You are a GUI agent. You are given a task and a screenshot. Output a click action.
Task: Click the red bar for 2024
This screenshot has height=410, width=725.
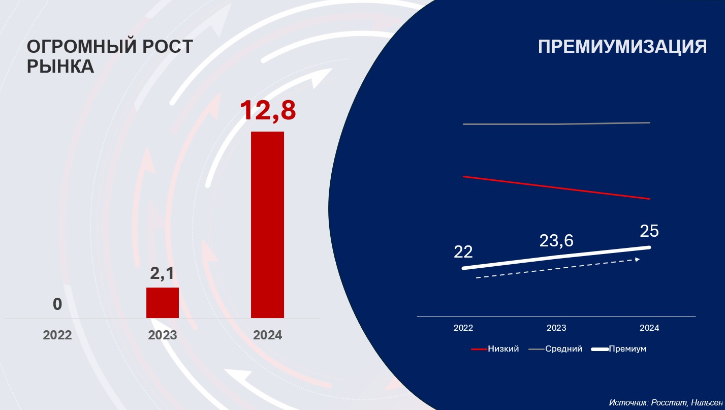pyautogui.click(x=267, y=225)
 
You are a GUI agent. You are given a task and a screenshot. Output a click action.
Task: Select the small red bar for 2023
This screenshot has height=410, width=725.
pyautogui.click(x=163, y=303)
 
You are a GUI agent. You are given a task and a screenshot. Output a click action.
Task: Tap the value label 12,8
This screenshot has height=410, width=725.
pyautogui.click(x=267, y=110)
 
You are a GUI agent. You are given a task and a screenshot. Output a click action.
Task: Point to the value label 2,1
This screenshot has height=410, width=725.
pyautogui.click(x=162, y=274)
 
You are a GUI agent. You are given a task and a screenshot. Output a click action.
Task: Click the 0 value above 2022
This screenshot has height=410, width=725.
pyautogui.click(x=57, y=304)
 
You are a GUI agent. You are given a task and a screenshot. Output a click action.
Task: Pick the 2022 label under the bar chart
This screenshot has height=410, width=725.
pyautogui.click(x=57, y=335)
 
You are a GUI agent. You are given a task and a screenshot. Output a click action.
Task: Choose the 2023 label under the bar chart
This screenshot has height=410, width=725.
pyautogui.click(x=163, y=335)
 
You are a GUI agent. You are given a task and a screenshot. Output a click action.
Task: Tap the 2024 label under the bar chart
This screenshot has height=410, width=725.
pyautogui.click(x=267, y=335)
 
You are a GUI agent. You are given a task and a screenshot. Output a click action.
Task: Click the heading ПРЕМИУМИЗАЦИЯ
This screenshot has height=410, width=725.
pyautogui.click(x=622, y=47)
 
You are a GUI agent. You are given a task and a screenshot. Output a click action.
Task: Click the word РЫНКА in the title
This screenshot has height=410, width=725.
pyautogui.click(x=60, y=66)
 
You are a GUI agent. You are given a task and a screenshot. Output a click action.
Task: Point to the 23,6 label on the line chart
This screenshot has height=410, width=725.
pyautogui.click(x=556, y=241)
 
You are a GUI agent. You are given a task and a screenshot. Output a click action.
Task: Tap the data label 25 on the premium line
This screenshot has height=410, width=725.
pyautogui.click(x=649, y=231)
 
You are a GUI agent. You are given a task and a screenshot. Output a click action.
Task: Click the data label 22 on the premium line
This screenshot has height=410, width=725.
pyautogui.click(x=463, y=251)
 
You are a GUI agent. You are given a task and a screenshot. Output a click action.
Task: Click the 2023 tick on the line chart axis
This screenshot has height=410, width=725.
pyautogui.click(x=556, y=328)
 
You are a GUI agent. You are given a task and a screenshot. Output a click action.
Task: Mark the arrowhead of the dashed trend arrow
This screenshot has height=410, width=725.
pyautogui.click(x=637, y=260)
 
